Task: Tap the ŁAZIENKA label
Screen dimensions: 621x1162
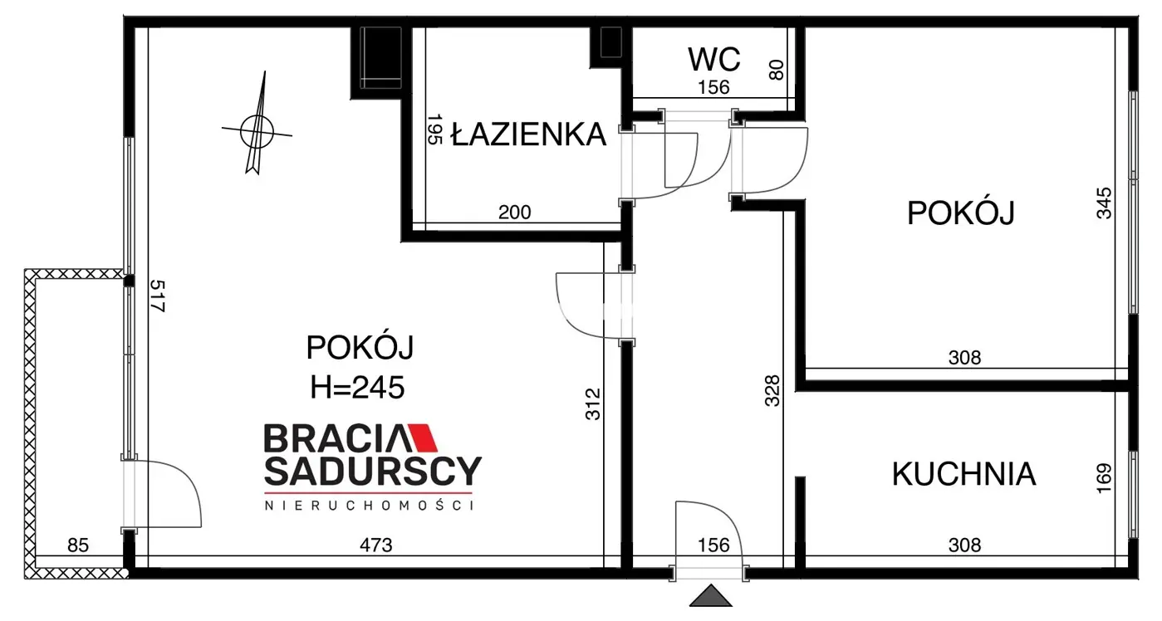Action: click(528, 134)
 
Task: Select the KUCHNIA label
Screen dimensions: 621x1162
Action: click(963, 474)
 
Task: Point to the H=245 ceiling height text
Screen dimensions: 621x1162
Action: click(357, 386)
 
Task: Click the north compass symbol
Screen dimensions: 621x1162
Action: click(257, 129)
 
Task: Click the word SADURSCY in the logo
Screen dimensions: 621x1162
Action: click(372, 472)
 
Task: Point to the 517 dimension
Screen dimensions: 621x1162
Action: click(158, 296)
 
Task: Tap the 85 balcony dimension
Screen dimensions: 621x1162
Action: click(77, 545)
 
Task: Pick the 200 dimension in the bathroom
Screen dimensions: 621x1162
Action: click(514, 213)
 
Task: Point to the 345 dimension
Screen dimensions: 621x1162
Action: click(1103, 203)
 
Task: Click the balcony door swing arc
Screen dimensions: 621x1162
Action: click(170, 494)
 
